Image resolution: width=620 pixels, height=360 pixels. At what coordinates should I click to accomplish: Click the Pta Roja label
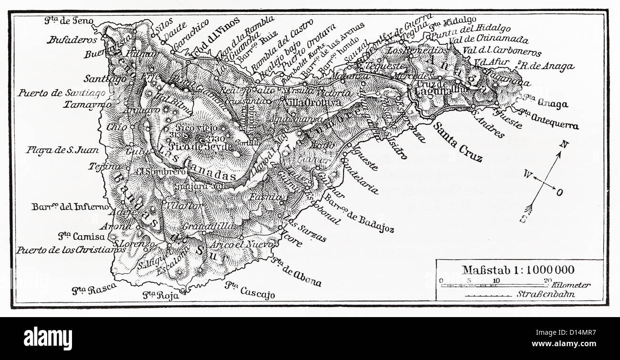pyautogui.click(x=161, y=295)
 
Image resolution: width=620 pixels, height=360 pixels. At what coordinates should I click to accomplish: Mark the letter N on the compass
pyautogui.click(x=564, y=144)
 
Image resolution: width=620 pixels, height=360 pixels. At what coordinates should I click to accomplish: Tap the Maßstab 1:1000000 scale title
pyautogui.click(x=518, y=270)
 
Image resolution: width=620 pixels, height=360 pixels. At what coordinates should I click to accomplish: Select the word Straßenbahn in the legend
pyautogui.click(x=546, y=294)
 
